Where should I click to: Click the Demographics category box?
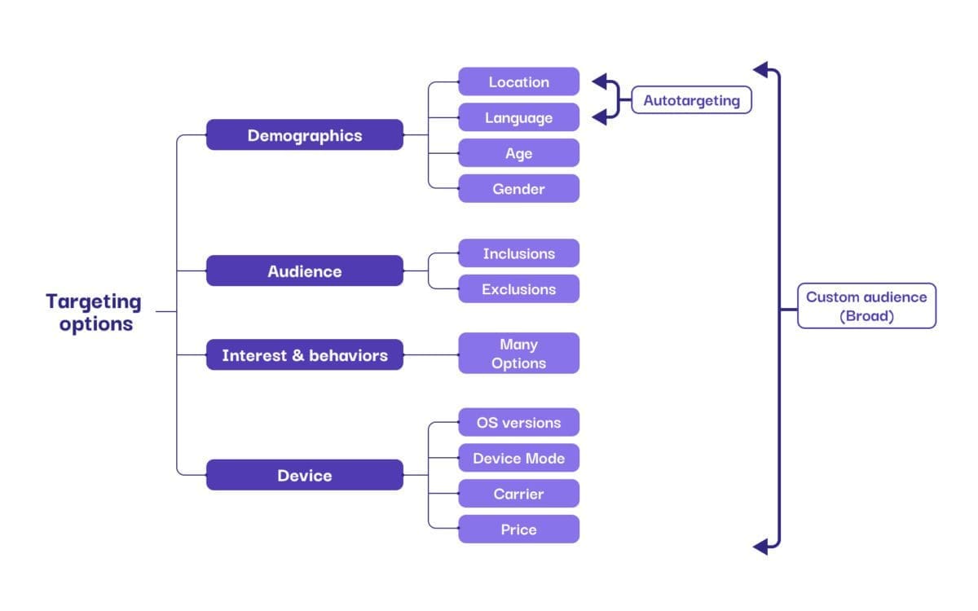coord(304,135)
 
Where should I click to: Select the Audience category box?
coord(304,271)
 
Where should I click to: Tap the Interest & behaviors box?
coord(304,355)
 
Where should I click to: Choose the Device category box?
coord(304,475)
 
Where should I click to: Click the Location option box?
coord(518,81)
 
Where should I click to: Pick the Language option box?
coord(518,117)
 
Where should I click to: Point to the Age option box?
coord(518,153)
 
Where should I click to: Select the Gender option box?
coord(518,189)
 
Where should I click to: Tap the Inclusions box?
coord(518,253)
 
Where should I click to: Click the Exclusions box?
coord(518,289)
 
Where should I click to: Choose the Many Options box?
coord(518,354)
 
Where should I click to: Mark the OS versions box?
coord(518,423)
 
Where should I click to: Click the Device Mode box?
coord(518,458)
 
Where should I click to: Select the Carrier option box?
coord(518,494)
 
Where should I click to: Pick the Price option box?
coord(518,530)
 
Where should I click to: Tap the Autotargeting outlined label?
coord(691,100)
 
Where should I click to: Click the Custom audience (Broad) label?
coord(866,306)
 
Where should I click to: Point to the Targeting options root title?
coord(94,312)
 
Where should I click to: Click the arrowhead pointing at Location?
coord(600,81)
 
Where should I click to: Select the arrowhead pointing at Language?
coord(600,117)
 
